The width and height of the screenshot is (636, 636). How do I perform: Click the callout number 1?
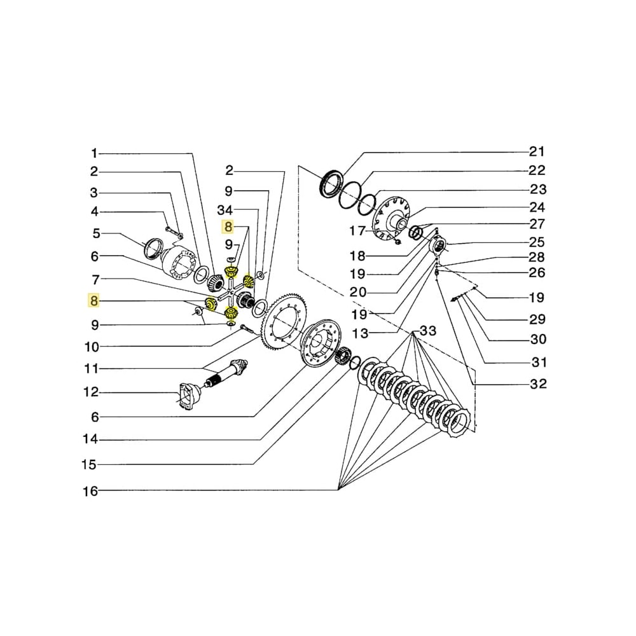click(x=94, y=153)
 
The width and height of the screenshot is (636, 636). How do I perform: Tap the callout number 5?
click(x=95, y=233)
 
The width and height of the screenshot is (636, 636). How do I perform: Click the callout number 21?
click(x=537, y=151)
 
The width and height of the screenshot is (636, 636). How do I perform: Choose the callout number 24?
click(x=537, y=207)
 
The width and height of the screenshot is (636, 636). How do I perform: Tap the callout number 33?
click(x=429, y=331)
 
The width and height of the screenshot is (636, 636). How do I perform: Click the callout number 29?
click(x=537, y=319)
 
